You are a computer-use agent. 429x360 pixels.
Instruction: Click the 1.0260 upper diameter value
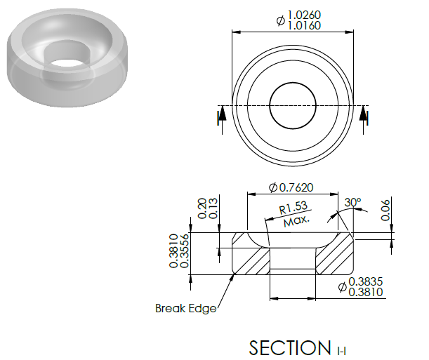pos(304,15)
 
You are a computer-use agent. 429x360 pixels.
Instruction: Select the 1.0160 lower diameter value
pos(304,25)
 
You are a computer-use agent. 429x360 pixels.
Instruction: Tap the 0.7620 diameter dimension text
pos(296,187)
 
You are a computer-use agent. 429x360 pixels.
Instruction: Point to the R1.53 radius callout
pos(293,208)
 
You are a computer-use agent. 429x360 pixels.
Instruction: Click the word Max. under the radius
pos(296,221)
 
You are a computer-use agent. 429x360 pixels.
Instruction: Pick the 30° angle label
pos(352,203)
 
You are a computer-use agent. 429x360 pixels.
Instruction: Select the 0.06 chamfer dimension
pos(385,210)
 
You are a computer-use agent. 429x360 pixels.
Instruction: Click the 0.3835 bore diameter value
pos(366,281)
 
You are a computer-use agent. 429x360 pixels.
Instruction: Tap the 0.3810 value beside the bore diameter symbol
pos(366,292)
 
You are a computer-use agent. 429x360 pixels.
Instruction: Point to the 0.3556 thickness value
pos(185,251)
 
